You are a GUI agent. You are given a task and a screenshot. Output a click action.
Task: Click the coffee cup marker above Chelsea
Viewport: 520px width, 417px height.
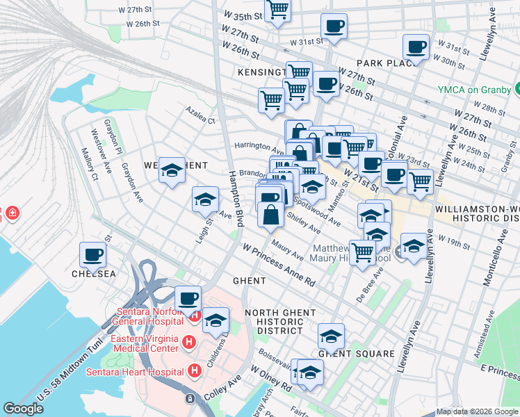tap(92, 254)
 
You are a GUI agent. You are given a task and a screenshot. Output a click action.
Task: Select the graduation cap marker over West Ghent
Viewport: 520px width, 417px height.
tap(172, 170)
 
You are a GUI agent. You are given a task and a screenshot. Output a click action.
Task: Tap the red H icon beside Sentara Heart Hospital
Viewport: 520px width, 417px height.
tap(195, 371)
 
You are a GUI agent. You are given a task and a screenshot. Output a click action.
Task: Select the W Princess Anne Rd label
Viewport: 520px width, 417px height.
tap(279, 264)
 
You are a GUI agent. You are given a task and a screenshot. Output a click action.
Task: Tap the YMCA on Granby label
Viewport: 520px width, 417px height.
tap(475, 90)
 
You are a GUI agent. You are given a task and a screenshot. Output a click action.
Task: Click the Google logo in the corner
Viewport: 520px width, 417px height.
tap(23, 409)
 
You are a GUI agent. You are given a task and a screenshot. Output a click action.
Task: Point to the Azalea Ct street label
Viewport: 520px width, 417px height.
tap(200, 115)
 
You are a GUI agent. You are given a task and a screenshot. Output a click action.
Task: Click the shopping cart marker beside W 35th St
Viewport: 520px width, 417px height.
tap(278, 10)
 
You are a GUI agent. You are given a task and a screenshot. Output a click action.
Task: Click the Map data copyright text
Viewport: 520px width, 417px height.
tap(477, 411)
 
